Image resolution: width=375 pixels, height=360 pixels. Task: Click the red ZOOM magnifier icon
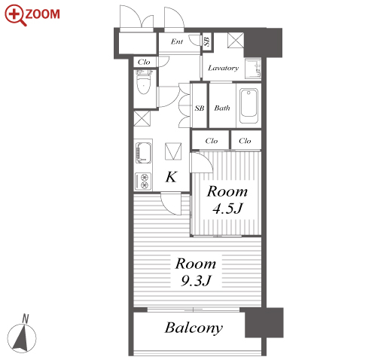15,15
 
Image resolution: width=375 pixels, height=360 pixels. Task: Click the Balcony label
194,328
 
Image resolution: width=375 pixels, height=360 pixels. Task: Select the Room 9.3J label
196,271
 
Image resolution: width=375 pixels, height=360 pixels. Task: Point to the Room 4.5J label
227,200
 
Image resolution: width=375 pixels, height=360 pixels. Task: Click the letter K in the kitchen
172,177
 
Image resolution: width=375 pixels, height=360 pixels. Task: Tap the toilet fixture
144,82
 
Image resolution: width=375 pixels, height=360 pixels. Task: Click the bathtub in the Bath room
248,105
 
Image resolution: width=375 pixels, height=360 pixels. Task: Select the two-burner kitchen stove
143,182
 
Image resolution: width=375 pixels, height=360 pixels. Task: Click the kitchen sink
143,152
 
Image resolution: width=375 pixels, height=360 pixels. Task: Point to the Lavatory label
223,68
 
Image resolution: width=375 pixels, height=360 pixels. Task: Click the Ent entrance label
177,41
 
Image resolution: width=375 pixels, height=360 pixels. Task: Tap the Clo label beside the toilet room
144,62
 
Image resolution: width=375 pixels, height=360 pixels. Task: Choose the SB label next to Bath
200,108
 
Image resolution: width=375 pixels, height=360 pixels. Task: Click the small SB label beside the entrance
206,41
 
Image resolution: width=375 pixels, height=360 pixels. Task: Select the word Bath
222,108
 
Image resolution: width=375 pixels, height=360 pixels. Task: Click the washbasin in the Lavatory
253,69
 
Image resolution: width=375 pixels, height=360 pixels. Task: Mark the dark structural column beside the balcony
264,322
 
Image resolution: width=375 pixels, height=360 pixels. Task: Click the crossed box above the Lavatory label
236,40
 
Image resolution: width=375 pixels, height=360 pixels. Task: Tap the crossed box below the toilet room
142,118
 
